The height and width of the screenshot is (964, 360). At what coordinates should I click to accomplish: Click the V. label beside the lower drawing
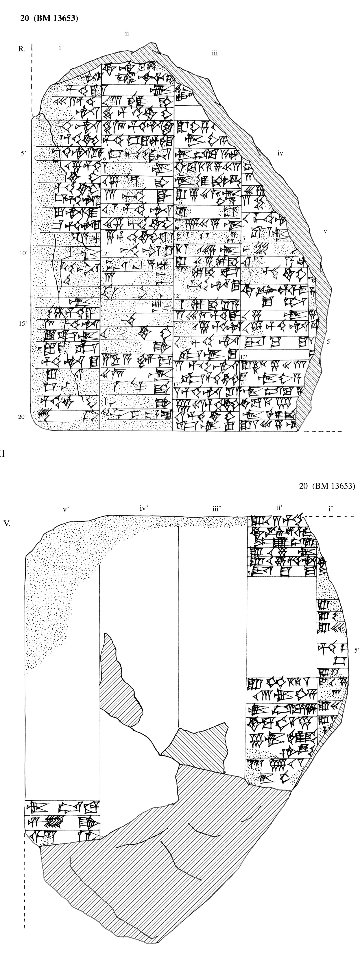[7, 523]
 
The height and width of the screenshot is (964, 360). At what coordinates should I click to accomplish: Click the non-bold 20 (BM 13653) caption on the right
[327, 486]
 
